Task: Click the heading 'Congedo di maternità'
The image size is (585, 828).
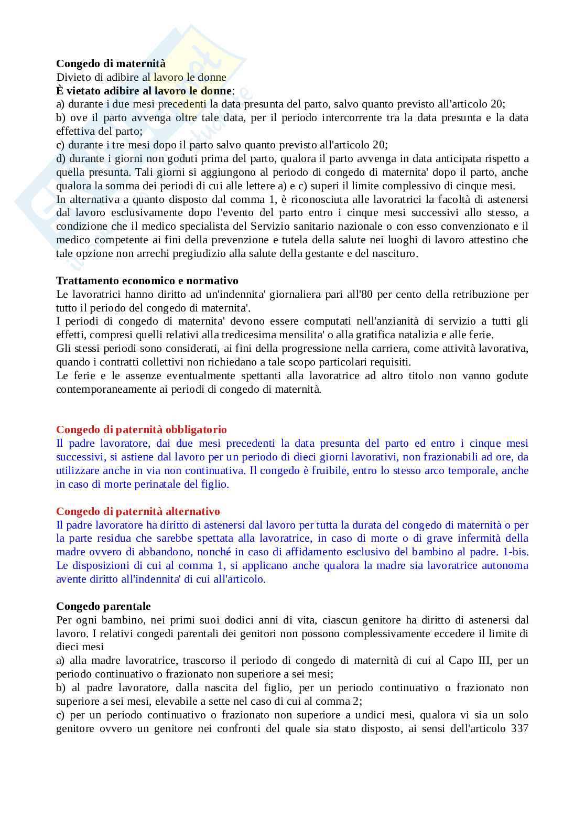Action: pyautogui.click(x=111, y=63)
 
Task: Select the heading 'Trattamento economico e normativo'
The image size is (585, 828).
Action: pyautogui.click(x=147, y=281)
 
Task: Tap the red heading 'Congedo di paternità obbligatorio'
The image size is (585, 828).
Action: pyautogui.click(x=142, y=429)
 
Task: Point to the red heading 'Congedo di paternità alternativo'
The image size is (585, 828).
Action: pyautogui.click(x=138, y=511)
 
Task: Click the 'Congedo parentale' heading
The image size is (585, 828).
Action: pyautogui.click(x=103, y=606)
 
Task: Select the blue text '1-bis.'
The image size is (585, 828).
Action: pyautogui.click(x=515, y=552)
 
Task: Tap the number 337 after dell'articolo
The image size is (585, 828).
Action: pyautogui.click(x=519, y=729)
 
